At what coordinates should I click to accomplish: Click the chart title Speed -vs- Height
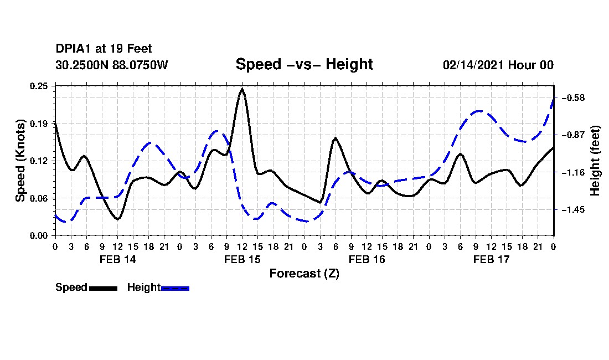(304, 64)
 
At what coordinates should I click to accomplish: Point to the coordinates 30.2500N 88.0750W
(112, 65)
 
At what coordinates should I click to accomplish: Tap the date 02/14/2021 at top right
(473, 65)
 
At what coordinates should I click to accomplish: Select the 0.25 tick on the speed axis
(39, 86)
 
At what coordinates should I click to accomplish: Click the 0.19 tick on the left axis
(39, 124)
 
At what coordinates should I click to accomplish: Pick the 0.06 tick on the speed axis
(39, 198)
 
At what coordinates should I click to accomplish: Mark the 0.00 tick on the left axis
(39, 235)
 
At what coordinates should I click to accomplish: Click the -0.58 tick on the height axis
(573, 97)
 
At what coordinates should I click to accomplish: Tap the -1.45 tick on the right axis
(573, 210)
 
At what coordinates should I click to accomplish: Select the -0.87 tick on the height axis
(573, 135)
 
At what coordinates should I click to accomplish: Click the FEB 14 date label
(118, 259)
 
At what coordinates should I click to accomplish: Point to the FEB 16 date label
(367, 259)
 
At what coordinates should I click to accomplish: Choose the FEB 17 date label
(491, 259)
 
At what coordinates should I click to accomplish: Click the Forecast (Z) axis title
(304, 274)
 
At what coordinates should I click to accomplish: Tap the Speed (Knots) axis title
(20, 161)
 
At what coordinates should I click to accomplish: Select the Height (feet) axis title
(595, 161)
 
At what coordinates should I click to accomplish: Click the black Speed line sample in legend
(104, 288)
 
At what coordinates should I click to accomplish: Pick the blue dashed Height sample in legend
(175, 288)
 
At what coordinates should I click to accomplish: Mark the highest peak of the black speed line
(242, 89)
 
